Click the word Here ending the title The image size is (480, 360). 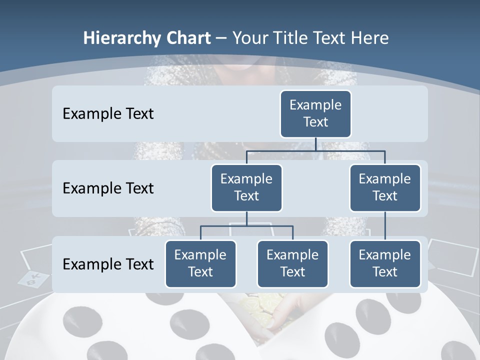[370, 38]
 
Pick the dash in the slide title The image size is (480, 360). [221, 38]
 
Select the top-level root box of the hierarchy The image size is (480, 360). [315, 113]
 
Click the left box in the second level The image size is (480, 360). [246, 187]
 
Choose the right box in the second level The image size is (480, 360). [385, 187]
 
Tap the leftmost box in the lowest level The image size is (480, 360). [200, 263]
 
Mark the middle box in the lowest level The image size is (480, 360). [292, 263]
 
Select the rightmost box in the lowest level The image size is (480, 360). [385, 263]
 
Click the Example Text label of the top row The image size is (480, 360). [108, 114]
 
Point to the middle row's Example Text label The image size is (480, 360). [108, 188]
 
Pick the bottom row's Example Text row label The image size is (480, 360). [108, 264]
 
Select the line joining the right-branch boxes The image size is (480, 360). [385, 226]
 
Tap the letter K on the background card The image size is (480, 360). [36, 276]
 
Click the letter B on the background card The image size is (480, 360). [30, 282]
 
